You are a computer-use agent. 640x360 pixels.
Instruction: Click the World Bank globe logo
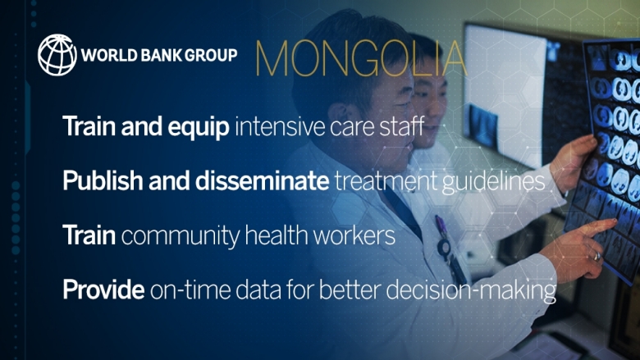click(x=57, y=55)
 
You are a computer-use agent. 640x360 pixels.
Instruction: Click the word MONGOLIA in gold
click(x=361, y=59)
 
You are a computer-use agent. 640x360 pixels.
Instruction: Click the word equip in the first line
click(x=199, y=128)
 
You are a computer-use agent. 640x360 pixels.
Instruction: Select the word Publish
click(x=103, y=180)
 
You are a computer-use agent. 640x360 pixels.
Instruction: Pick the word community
click(x=180, y=236)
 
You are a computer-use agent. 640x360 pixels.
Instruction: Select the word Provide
click(x=103, y=289)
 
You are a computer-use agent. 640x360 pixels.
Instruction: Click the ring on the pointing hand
click(x=597, y=257)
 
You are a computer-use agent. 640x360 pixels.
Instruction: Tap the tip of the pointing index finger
click(x=614, y=221)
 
